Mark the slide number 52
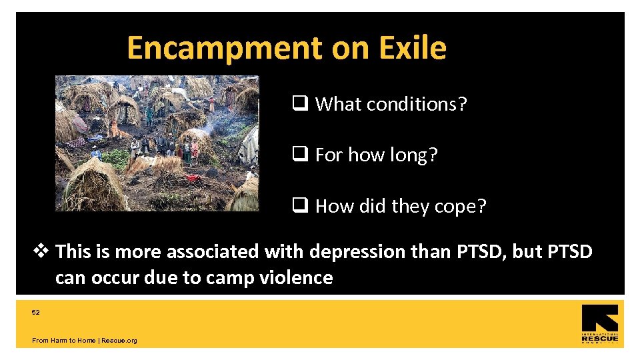(x=36, y=312)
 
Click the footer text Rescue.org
(x=120, y=341)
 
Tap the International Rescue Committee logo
(x=599, y=324)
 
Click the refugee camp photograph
(x=157, y=143)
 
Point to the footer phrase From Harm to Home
(x=63, y=341)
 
